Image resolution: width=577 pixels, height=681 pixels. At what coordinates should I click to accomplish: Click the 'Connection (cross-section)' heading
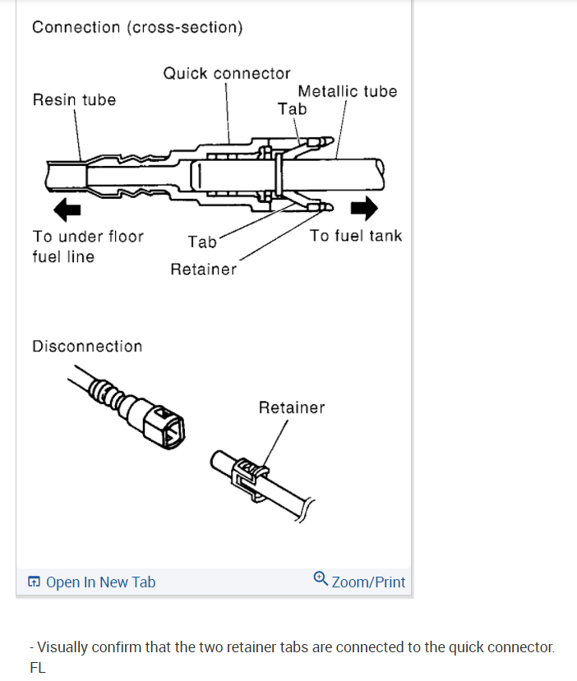coord(137,27)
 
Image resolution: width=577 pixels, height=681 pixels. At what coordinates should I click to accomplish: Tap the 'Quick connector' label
coord(227,73)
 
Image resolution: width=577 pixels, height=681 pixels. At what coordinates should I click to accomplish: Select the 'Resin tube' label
coord(74,99)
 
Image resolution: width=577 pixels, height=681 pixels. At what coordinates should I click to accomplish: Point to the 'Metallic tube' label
coord(347,90)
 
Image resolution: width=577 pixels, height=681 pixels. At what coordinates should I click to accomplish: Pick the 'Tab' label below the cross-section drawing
coord(202,242)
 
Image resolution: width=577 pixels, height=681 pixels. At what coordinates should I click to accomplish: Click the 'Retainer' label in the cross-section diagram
coord(203,269)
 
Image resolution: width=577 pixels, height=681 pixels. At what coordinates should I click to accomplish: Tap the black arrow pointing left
coord(67,210)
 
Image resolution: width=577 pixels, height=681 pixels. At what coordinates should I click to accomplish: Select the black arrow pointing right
coord(363,209)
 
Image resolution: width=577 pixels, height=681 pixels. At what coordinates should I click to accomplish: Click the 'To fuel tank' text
coord(356,236)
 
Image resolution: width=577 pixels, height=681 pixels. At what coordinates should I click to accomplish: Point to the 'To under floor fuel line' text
coord(88,246)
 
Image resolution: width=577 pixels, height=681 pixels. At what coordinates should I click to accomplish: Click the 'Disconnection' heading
coord(87,346)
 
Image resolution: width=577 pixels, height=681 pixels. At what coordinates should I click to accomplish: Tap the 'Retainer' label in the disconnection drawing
coord(292,407)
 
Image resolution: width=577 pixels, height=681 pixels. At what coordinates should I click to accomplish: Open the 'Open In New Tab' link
coord(100,582)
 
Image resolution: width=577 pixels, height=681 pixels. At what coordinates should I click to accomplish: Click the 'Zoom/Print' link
coord(368,582)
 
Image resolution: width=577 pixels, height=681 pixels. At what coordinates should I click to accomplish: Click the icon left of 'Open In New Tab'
coord(34,582)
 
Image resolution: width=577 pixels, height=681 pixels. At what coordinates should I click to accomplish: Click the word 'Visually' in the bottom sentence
coord(63,646)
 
